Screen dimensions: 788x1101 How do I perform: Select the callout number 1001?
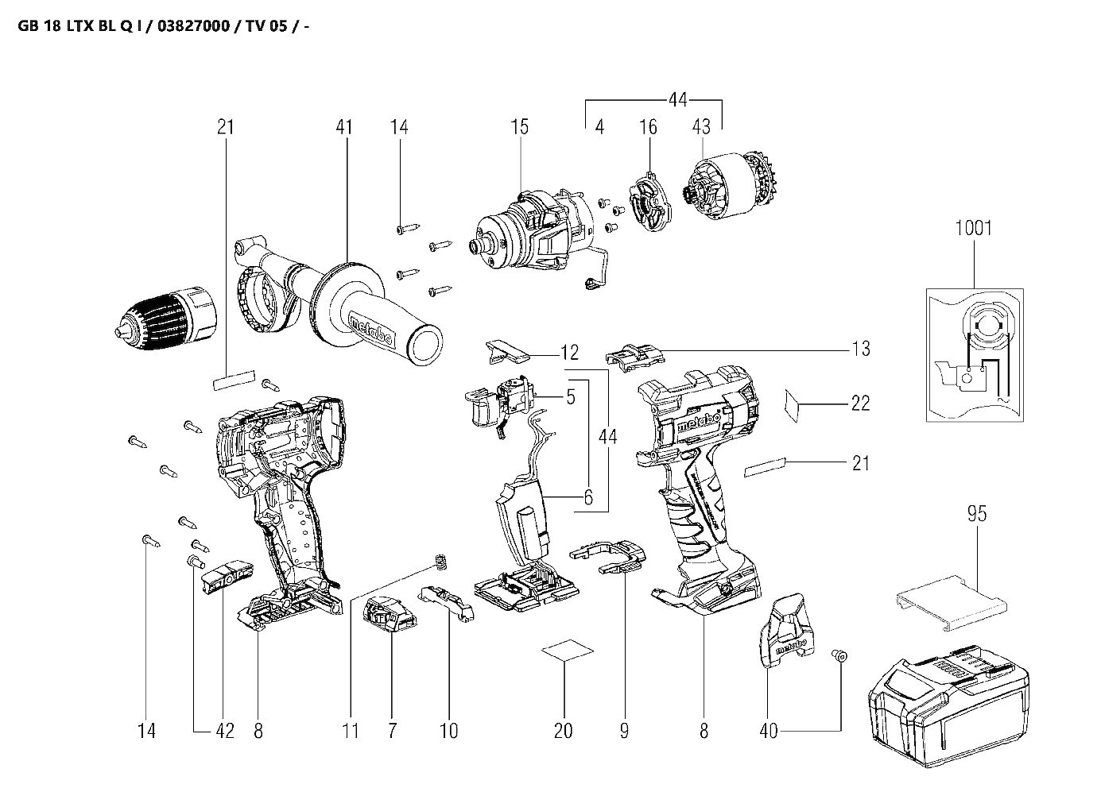tap(973, 229)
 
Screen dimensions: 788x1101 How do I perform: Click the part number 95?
tap(977, 514)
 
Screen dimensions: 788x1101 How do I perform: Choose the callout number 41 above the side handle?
tap(343, 126)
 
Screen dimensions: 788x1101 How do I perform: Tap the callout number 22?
tap(860, 404)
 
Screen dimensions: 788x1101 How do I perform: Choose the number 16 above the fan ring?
tap(648, 126)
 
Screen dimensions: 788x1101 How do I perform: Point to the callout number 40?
tap(768, 730)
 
